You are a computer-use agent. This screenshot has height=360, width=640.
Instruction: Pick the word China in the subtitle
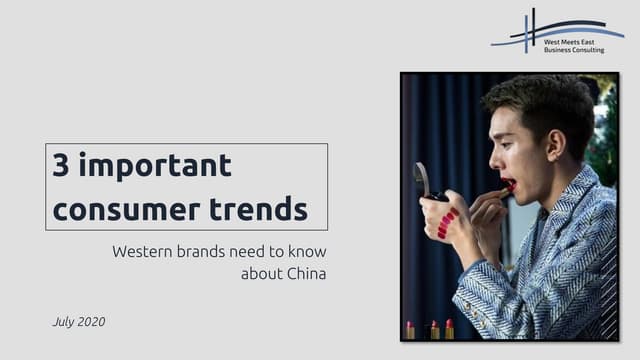(305, 272)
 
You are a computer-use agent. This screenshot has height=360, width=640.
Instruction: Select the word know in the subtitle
(306, 250)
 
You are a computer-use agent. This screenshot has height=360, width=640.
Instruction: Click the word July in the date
(65, 322)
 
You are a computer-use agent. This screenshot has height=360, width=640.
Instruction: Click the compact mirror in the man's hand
(423, 180)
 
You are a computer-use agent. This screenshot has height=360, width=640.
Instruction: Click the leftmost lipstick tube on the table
(410, 330)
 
